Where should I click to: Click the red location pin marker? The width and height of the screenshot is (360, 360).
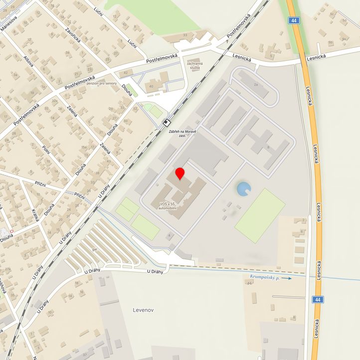click(180, 173)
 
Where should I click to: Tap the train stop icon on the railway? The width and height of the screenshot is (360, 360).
click(168, 122)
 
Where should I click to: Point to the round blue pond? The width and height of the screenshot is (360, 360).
click(243, 188)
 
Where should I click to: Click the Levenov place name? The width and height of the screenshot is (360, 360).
click(143, 310)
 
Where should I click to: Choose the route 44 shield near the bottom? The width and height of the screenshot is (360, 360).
click(317, 299)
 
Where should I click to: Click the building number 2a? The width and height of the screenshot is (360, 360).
click(256, 85)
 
